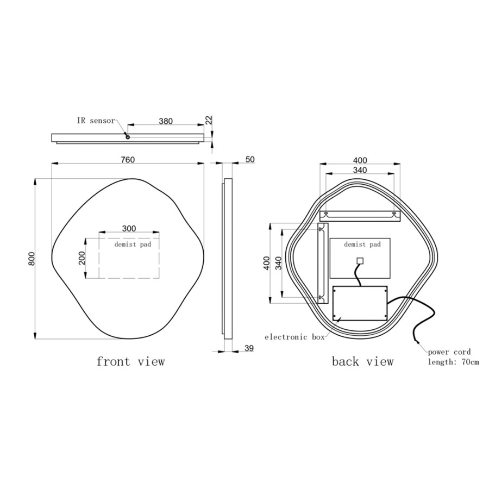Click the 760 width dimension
(x=127, y=160)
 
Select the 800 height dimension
(x=32, y=259)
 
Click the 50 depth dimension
(x=250, y=160)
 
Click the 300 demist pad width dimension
(x=129, y=229)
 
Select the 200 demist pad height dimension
(x=82, y=258)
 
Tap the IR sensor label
(x=96, y=121)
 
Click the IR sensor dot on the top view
(x=128, y=137)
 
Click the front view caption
(x=130, y=361)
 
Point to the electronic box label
(x=294, y=337)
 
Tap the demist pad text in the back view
(x=362, y=245)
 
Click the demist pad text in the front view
(x=133, y=244)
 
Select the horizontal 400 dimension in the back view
(x=360, y=160)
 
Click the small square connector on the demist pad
(x=359, y=260)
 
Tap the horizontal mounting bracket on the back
(x=360, y=215)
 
